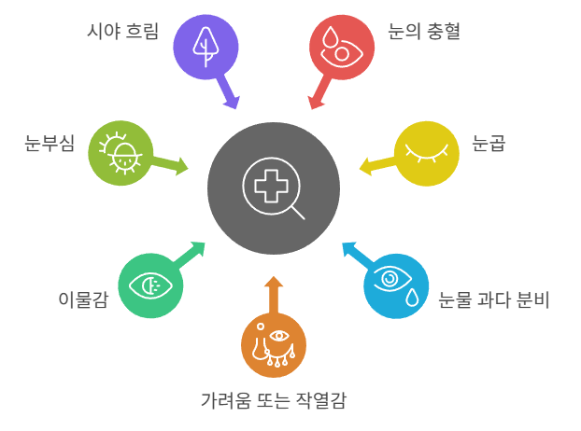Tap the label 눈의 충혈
pos(424,32)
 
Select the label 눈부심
pos(50,145)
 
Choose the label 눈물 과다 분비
pos(495,299)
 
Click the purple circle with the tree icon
pos(206,47)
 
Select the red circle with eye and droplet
pos(341,47)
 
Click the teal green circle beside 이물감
pos(150,285)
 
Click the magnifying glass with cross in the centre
pos(274,188)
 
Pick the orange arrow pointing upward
pos(274,295)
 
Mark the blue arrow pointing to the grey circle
pos(354,253)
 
